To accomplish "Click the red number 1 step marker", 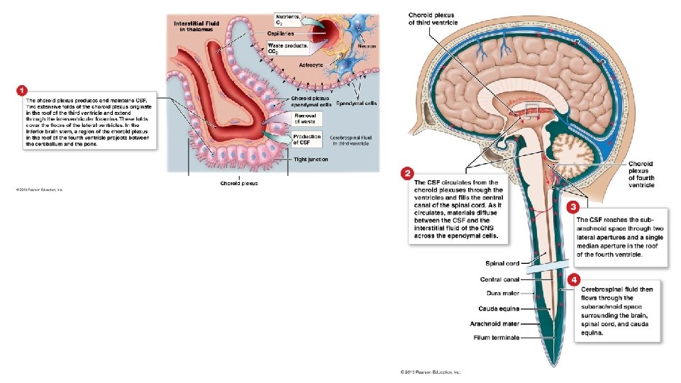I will tap(21, 90).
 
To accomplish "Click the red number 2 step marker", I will tap(407, 173).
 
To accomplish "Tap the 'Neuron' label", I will tap(366, 46).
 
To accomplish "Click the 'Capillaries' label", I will tap(282, 33).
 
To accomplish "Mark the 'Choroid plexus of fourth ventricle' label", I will tap(641, 174).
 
